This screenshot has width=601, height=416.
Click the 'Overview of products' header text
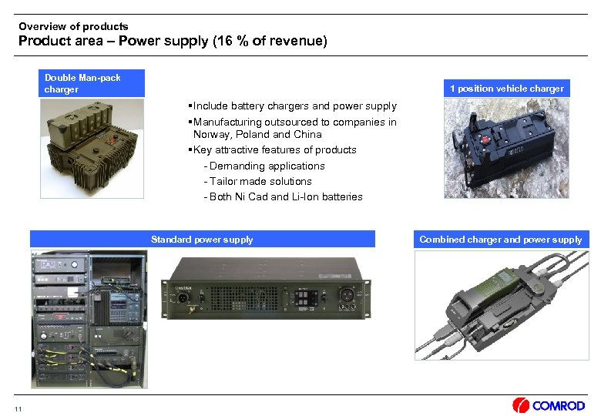pos(73,26)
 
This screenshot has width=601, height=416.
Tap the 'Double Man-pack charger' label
pos(82,83)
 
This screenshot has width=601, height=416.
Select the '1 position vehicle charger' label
pos(506,89)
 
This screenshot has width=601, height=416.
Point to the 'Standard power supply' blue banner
pos(202,240)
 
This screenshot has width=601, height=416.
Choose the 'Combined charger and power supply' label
pos(500,240)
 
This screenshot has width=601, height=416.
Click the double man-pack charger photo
pos(92,147)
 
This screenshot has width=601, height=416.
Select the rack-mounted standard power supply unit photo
pos(264,287)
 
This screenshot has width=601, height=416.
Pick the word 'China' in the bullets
pos(307,134)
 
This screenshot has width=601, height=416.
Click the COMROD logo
pos(549,405)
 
